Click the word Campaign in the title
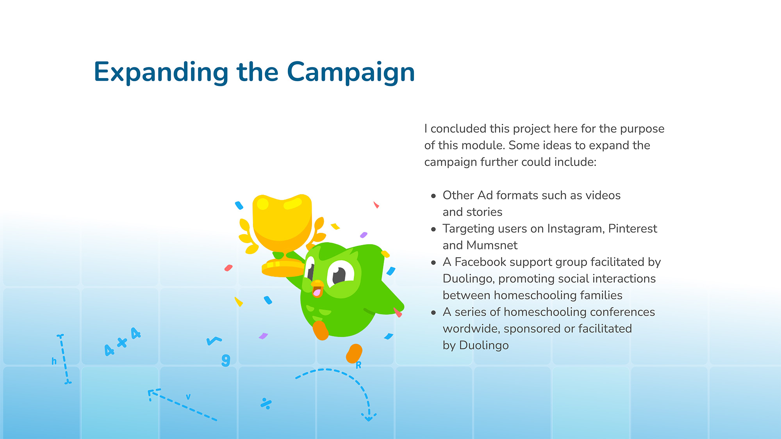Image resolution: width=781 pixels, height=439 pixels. pos(351,73)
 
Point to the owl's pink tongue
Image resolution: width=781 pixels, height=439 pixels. pos(317,292)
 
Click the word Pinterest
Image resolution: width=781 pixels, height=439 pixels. pos(633,228)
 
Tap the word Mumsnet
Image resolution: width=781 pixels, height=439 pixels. pos(492,245)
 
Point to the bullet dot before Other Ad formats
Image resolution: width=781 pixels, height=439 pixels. pos(433,196)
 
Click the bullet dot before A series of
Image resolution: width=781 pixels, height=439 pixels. pos(433,313)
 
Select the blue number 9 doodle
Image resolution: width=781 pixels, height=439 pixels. pos(226,360)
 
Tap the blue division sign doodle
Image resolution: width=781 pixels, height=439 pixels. pos(266,403)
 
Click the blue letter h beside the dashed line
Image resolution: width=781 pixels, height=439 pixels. pos(54,361)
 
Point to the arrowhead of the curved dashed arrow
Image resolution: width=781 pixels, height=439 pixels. pos(369,417)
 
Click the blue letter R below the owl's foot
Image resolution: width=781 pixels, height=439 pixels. pos(358,365)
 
